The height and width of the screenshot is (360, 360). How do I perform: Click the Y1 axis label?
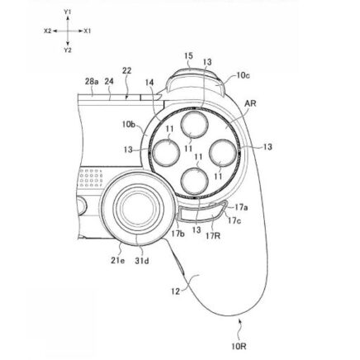(x=68, y=12)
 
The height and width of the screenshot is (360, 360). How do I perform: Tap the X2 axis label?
(x=47, y=31)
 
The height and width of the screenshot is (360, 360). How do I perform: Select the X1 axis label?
(x=88, y=31)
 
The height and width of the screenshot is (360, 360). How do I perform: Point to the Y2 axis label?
(x=68, y=50)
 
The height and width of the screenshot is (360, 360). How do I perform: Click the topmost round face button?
(x=195, y=125)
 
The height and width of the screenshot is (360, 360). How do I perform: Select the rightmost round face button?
(x=223, y=154)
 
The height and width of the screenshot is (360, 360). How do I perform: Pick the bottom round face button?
(x=195, y=182)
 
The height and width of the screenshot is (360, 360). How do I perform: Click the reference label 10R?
(x=239, y=346)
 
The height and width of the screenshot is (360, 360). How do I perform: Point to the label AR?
(x=250, y=104)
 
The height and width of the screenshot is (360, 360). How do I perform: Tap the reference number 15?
(x=189, y=56)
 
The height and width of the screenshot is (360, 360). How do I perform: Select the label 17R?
(x=213, y=235)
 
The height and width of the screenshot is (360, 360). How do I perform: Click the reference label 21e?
(x=118, y=260)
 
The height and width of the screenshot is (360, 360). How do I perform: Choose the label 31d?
(x=142, y=260)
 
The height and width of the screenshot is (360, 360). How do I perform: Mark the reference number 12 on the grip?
(x=175, y=291)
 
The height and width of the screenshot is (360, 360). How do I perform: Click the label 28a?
(x=92, y=82)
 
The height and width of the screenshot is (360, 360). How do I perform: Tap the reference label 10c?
(x=244, y=75)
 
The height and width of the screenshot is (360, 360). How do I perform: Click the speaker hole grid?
(x=91, y=178)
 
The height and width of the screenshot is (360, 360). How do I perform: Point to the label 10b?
(x=129, y=125)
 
